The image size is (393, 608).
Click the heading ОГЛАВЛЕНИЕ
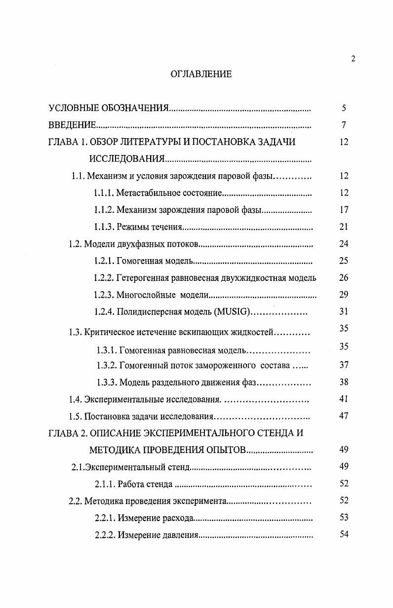point(201,75)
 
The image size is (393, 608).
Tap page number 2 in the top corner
point(353,59)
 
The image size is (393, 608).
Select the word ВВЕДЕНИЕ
point(72,125)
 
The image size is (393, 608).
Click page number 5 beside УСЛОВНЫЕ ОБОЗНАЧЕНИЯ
point(344,108)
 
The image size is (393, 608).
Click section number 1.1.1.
point(104,193)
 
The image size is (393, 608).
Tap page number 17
point(344,210)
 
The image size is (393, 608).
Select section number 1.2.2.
point(104,278)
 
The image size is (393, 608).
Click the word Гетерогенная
point(143,278)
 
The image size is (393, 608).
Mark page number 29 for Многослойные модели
point(344,295)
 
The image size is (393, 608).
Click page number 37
point(344,365)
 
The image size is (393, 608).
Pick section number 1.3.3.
point(106,382)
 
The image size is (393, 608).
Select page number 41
point(344,399)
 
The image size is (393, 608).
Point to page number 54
point(344,534)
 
